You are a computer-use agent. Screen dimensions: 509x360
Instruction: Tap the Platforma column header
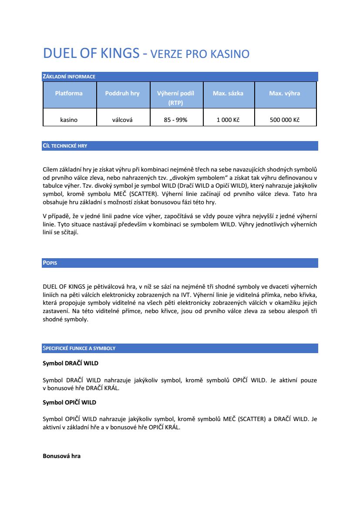(x=69, y=93)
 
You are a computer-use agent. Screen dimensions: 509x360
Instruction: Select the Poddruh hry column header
(x=122, y=93)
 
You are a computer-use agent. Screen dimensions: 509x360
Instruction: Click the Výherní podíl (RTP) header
(x=175, y=98)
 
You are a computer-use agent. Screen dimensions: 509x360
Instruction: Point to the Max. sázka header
(x=228, y=93)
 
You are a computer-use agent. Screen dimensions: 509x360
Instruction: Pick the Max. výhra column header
(x=285, y=93)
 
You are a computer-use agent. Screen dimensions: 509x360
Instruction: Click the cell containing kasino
(x=69, y=120)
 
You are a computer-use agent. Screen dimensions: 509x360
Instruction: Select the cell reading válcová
(x=122, y=120)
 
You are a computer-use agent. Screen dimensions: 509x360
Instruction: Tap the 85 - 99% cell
(x=175, y=120)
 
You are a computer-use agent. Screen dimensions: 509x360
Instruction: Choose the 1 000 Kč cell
(x=228, y=120)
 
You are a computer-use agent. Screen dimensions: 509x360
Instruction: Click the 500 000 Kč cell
(x=285, y=120)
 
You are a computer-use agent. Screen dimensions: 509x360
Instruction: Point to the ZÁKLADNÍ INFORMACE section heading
(x=69, y=77)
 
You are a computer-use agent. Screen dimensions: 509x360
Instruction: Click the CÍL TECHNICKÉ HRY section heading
(x=65, y=146)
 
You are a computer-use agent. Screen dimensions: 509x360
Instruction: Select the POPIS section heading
(x=50, y=263)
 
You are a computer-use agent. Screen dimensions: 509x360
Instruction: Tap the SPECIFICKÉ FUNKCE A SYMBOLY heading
(x=79, y=348)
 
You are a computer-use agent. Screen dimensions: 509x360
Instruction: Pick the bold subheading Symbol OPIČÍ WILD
(x=69, y=402)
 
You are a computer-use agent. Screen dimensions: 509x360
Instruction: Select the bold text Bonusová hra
(x=61, y=456)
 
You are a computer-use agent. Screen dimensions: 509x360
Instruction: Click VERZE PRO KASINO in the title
(x=200, y=54)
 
